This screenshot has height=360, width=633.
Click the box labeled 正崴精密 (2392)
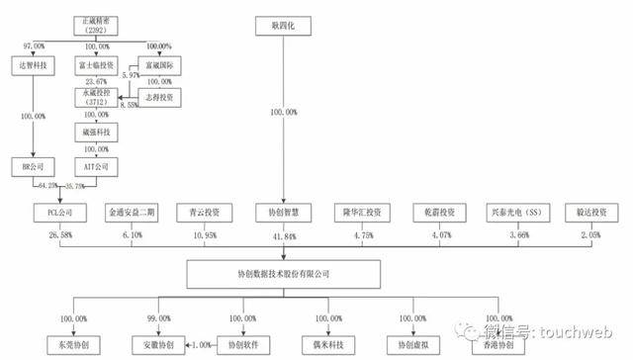(95, 24)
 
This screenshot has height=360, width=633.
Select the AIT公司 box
(95, 165)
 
